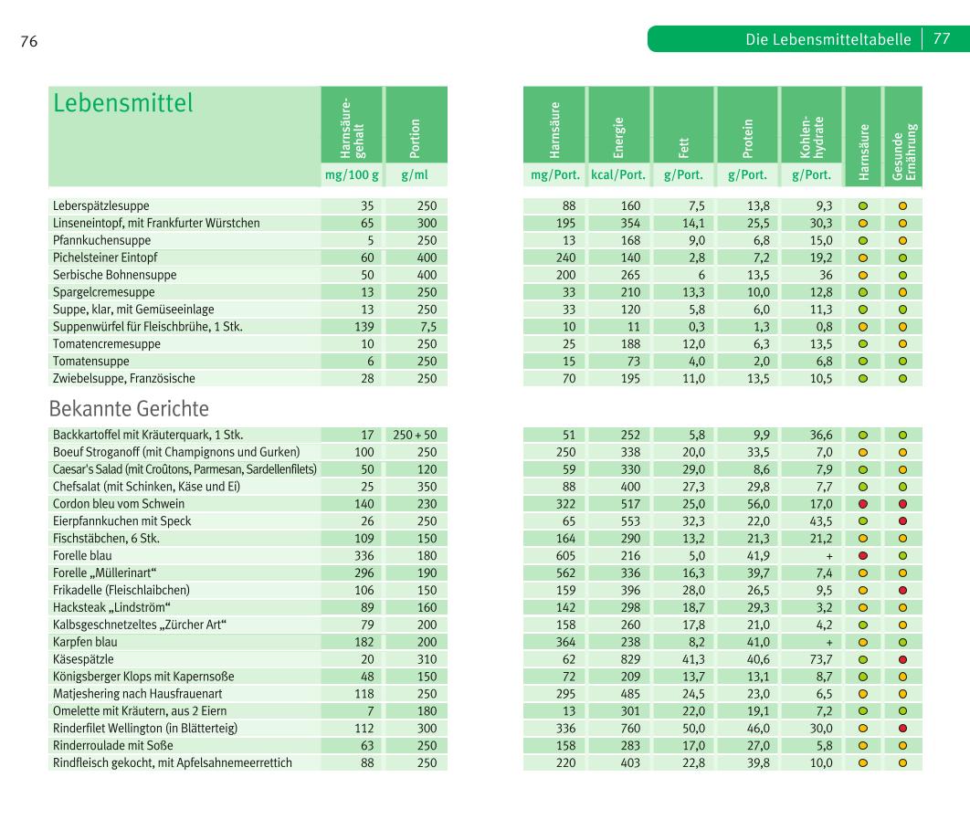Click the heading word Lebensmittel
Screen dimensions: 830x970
(123, 104)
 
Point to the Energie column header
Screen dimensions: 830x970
(618, 126)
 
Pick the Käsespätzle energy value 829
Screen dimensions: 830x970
(630, 659)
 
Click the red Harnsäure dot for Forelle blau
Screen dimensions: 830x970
(862, 555)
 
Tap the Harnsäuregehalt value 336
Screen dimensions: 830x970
(364, 555)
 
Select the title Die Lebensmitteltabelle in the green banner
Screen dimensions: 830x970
(828, 39)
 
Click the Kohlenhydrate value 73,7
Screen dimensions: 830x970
(821, 659)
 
